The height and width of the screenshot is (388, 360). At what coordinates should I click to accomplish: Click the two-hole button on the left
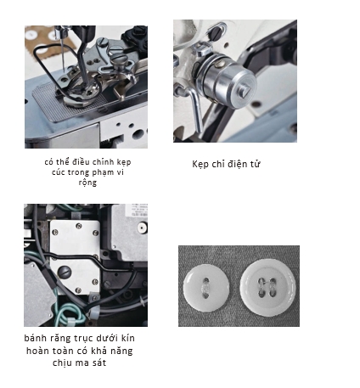point(205,289)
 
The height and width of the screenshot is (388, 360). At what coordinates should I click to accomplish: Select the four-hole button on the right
point(267,287)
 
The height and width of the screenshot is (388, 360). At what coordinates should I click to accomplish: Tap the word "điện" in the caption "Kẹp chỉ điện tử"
point(237,164)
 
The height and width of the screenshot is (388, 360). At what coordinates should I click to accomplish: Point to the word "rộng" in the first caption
point(87,183)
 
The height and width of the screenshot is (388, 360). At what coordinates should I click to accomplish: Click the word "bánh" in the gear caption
point(35,338)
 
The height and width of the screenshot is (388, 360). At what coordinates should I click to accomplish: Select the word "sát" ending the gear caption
point(99,363)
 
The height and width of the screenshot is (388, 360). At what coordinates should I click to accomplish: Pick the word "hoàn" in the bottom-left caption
point(37,351)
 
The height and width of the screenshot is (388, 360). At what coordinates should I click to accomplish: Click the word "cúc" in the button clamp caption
point(59,172)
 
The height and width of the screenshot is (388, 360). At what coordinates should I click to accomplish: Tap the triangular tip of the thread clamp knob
point(245,91)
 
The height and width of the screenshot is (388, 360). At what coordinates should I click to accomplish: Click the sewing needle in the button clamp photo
point(63,53)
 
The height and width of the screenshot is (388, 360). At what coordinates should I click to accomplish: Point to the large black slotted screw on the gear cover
point(65,273)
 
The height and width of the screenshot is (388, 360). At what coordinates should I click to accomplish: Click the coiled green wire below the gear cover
point(68,314)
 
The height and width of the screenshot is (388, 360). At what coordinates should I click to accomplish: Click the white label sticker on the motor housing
point(137,210)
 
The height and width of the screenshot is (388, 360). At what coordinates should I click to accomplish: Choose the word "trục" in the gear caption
point(84,338)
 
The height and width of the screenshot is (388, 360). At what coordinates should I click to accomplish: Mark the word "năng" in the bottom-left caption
point(121,351)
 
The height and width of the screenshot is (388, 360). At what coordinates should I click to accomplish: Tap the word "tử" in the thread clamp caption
point(255,164)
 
